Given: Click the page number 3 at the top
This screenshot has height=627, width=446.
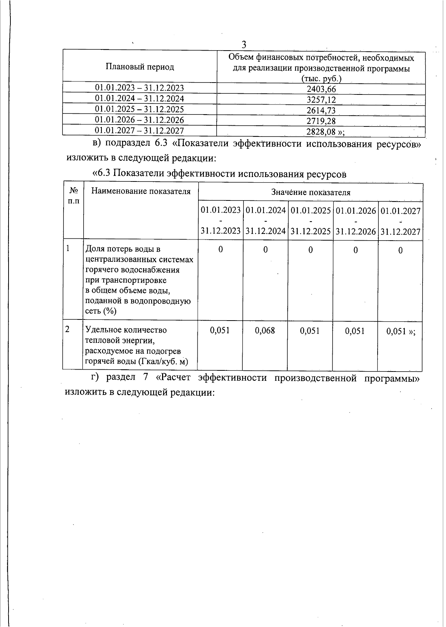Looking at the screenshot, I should pos(244,45).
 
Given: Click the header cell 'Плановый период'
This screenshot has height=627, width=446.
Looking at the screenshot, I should pos(139,67).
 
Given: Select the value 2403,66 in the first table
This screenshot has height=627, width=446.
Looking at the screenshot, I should pos(321,89).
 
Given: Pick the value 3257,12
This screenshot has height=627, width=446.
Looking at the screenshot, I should pos(321,100).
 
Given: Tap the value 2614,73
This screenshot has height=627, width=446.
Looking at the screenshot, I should pos(321,110).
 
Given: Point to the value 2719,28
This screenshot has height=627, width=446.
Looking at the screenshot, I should pos(321,121).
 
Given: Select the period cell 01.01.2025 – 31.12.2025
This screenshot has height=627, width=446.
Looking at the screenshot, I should pos(139,109).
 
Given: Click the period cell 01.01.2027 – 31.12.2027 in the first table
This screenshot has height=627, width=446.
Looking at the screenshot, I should pos(139,130).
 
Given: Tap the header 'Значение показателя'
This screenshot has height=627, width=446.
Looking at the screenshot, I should pos(310,192).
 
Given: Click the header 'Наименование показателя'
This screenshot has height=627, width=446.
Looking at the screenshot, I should pos(141,191).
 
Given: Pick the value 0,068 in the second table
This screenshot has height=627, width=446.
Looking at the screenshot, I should pos(265,330).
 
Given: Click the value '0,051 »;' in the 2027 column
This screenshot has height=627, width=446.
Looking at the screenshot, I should pos(401,331).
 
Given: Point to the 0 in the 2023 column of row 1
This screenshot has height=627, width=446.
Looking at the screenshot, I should pos(220,250).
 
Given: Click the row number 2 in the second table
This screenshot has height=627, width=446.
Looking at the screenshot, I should pos(67,329).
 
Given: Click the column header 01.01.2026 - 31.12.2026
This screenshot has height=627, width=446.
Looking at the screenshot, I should pos(356,221).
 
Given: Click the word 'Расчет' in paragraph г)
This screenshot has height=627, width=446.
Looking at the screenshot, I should pos(177,377).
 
